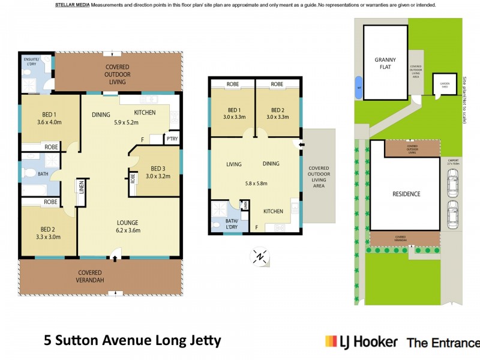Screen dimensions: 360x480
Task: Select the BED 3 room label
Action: pyautogui.click(x=159, y=168)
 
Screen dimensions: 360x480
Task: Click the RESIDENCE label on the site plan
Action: pyautogui.click(x=406, y=194)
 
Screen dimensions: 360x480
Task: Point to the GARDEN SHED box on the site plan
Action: pyautogui.click(x=445, y=86)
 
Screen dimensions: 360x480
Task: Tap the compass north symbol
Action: pyautogui.click(x=259, y=257)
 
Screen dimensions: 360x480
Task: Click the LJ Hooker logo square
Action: pyautogui.click(x=331, y=341)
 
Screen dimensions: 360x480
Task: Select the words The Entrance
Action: pyautogui.click(x=443, y=343)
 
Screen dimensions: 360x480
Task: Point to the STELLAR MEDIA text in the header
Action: pyautogui.click(x=73, y=5)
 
